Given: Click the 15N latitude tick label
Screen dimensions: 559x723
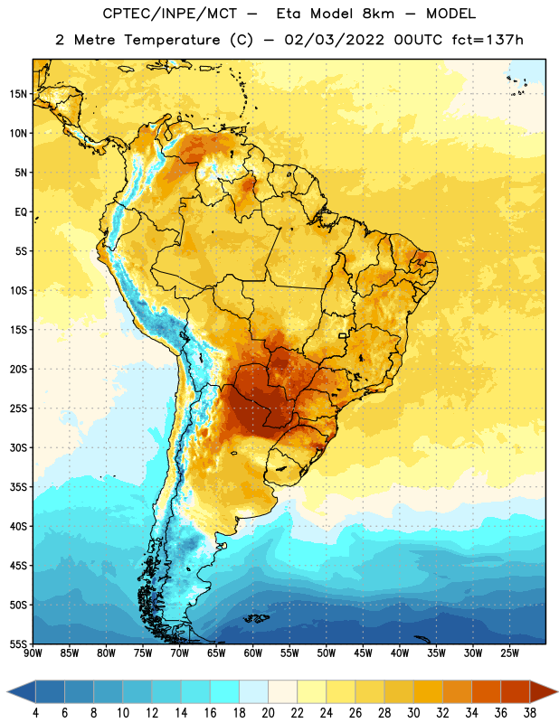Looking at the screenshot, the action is [x=18, y=94].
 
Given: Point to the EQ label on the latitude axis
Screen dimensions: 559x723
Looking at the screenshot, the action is [x=21, y=212].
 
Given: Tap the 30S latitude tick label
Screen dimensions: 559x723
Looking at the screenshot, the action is [x=18, y=447].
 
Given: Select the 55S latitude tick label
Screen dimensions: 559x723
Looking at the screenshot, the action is [x=18, y=644].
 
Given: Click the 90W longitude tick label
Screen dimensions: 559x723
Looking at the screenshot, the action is [x=33, y=653].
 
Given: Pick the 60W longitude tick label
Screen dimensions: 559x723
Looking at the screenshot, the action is [x=253, y=653].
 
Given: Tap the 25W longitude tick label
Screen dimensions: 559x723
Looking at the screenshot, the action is [x=509, y=653].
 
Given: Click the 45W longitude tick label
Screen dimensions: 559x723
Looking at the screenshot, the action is [x=363, y=653].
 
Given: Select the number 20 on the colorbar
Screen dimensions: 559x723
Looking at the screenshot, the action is [x=268, y=713].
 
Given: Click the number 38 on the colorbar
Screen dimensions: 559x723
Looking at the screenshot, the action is [x=530, y=713].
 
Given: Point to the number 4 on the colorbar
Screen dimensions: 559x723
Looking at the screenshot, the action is [x=35, y=713].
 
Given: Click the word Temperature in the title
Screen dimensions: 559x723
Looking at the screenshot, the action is [x=172, y=40].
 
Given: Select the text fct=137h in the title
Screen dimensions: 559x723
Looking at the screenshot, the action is [x=488, y=40].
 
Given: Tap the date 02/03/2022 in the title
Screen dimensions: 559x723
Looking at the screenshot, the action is [x=334, y=40].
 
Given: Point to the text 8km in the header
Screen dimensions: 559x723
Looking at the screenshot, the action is [x=378, y=14].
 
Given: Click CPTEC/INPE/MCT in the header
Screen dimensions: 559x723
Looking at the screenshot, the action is [x=170, y=14].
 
